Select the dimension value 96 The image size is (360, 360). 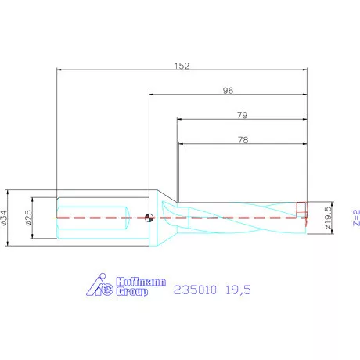point(228,90)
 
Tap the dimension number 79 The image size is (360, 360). point(242,115)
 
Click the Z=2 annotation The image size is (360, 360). point(354,217)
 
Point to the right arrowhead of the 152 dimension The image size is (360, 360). point(304,70)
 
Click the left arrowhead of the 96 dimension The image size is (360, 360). point(152,95)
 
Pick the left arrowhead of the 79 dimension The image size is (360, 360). point(178,121)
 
